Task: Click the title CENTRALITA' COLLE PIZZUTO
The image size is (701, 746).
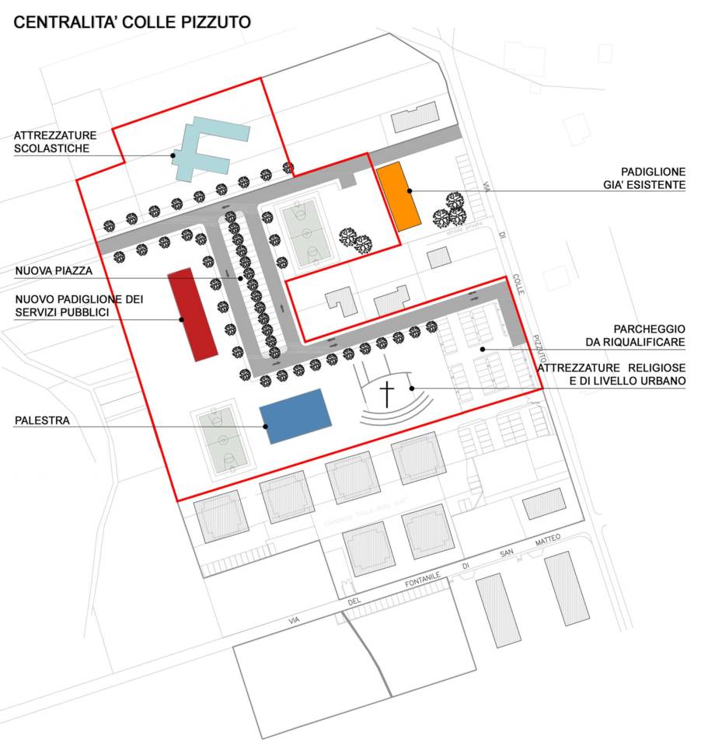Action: point(132,23)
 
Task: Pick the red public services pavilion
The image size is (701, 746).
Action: point(192,313)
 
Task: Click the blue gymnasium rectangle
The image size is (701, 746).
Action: point(295,415)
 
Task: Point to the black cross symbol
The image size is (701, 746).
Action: point(386,393)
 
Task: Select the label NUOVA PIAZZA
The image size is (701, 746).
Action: point(54,271)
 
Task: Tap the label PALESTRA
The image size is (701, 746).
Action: point(42,420)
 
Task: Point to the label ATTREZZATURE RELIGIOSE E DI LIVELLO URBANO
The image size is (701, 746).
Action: point(613,373)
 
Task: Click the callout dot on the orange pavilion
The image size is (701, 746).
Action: point(409,190)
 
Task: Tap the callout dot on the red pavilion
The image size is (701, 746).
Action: point(181,319)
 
